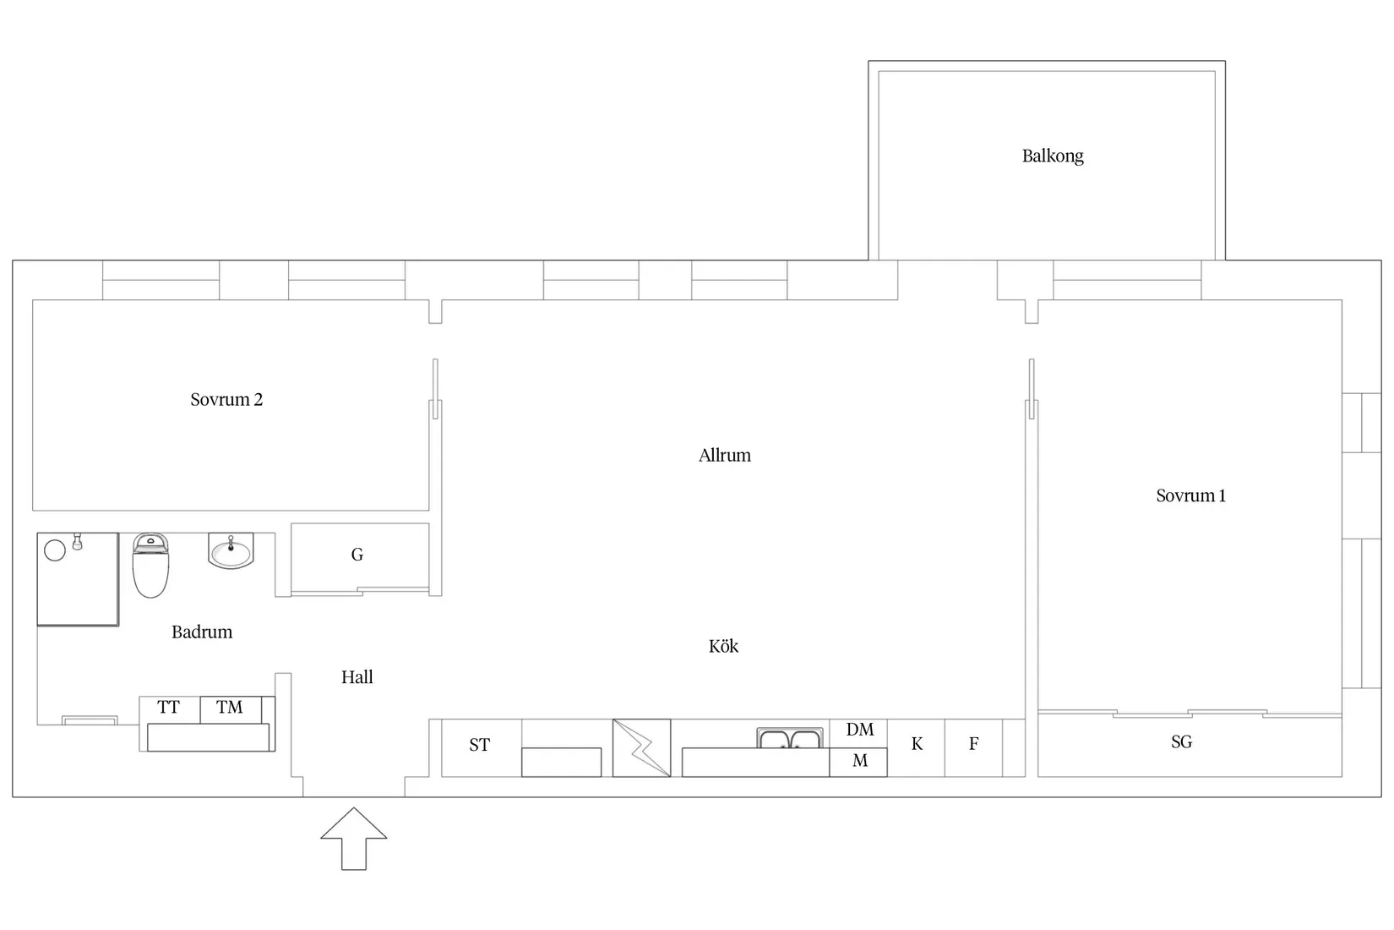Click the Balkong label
tap(1053, 156)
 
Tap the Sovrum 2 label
tap(226, 399)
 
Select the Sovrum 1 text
tap(1190, 495)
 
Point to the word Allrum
tap(724, 456)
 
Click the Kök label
tap(723, 646)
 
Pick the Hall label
tap(357, 677)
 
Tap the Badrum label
tap(202, 632)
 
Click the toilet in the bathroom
tap(150, 566)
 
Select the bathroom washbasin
tap(231, 550)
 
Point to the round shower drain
tap(55, 550)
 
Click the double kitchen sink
tap(790, 738)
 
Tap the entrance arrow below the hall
tap(353, 839)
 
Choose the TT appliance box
tap(169, 709)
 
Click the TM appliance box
tap(231, 709)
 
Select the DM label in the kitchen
tap(859, 730)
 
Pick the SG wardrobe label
tap(1181, 741)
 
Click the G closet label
tap(357, 555)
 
